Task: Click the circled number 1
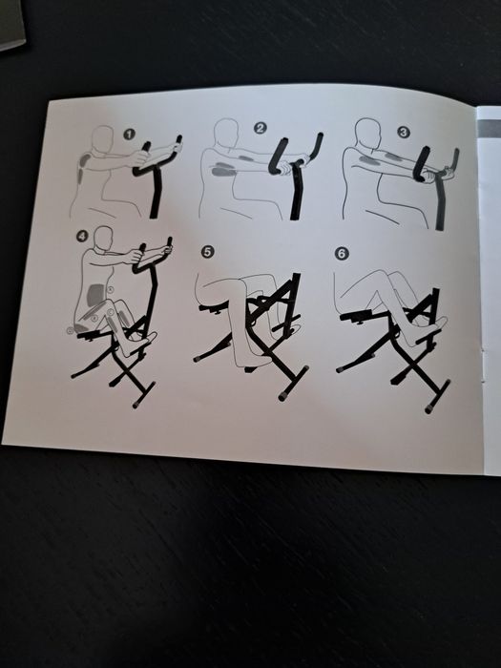tap(129, 135)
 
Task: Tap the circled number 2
tap(260, 128)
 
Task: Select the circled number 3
tap(403, 132)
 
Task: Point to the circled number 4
tap(82, 236)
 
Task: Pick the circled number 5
tap(207, 252)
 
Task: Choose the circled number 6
tap(342, 254)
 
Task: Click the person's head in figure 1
tap(103, 139)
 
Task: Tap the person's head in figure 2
tap(226, 133)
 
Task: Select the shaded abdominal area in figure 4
tap(95, 295)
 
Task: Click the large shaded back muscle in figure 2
tap(222, 169)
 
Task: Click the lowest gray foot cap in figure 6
tap(430, 408)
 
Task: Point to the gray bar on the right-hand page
tap(489, 129)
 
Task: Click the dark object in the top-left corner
tap(10, 24)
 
